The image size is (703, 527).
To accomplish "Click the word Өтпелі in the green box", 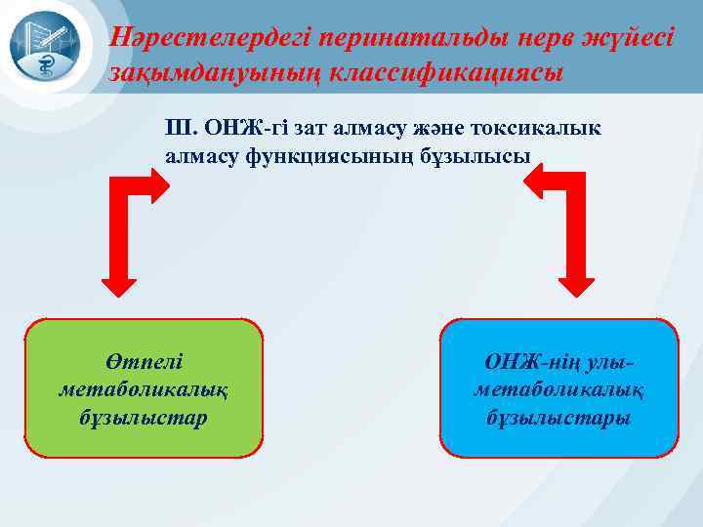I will coord(145,361).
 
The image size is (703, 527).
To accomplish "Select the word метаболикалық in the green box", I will coord(145,389).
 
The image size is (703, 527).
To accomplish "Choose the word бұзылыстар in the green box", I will coord(145,418).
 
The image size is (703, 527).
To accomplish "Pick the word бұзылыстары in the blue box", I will coord(558,418).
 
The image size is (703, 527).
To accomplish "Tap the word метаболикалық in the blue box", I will coord(558,389).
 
